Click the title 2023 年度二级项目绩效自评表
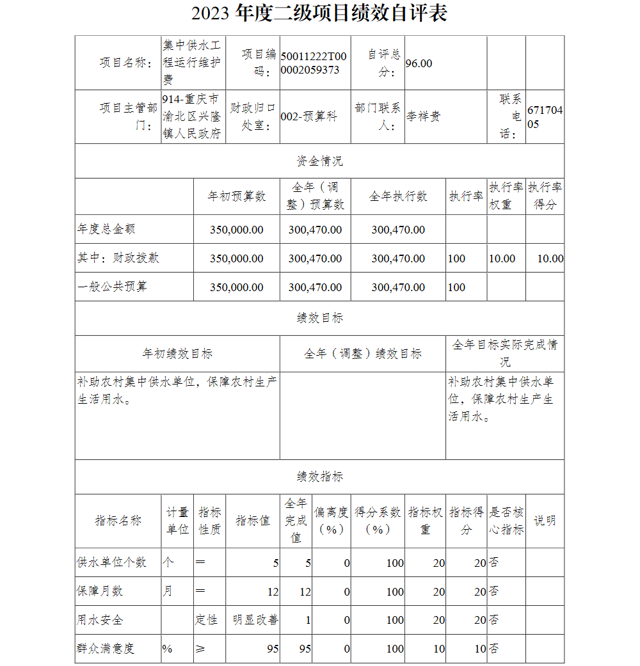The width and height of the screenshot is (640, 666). click(319, 13)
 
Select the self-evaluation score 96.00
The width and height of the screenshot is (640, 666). click(419, 63)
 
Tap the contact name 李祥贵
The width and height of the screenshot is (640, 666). click(424, 116)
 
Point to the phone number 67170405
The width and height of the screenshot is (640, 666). click(545, 116)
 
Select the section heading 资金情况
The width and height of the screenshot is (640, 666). click(319, 161)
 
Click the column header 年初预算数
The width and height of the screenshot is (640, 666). click(236, 196)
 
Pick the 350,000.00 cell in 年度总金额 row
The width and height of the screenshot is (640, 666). click(236, 230)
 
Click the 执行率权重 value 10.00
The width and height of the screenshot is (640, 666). click(502, 258)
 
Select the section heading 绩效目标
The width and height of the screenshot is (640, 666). click(319, 318)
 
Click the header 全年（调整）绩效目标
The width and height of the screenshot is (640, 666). click(362, 354)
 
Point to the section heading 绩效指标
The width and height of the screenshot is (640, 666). click(319, 477)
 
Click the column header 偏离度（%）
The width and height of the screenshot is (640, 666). click(332, 521)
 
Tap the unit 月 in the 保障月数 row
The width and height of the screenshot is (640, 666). click(168, 591)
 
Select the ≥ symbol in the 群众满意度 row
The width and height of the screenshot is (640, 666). click(200, 649)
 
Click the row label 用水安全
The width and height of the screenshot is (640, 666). click(100, 620)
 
